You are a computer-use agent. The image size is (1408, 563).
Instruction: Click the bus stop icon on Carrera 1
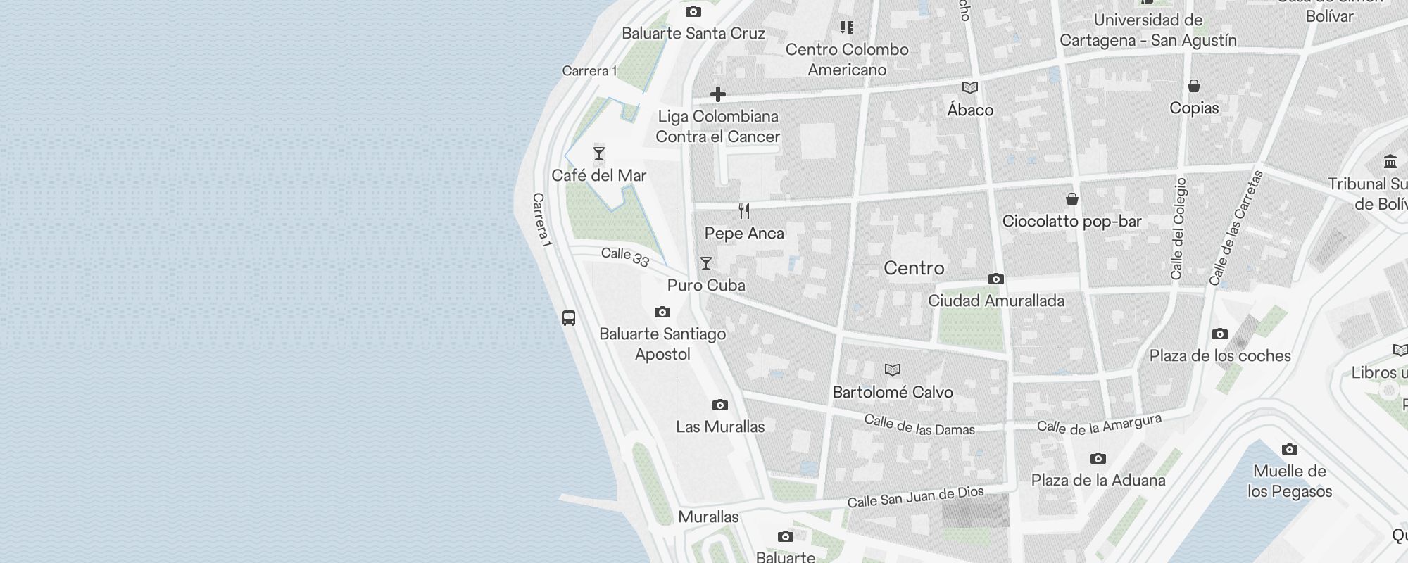click(x=569, y=317)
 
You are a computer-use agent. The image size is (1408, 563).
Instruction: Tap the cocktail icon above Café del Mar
click(x=599, y=153)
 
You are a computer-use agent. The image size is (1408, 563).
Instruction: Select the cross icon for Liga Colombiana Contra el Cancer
click(x=718, y=94)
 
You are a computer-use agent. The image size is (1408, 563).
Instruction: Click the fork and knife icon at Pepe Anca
click(x=744, y=210)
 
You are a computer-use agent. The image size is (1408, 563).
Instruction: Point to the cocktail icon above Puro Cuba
click(x=706, y=263)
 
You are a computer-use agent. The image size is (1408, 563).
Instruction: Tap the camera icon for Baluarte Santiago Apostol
click(x=662, y=312)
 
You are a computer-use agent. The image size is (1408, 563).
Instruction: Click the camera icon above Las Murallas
click(x=719, y=405)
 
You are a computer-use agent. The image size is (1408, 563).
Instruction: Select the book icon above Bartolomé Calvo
click(x=893, y=369)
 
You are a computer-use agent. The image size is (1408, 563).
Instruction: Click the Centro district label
click(x=914, y=268)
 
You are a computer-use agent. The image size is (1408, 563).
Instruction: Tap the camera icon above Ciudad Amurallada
click(x=995, y=279)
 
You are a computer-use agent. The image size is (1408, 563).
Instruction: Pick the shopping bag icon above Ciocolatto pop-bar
click(x=1071, y=199)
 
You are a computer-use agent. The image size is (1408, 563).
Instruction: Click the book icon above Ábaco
click(x=970, y=88)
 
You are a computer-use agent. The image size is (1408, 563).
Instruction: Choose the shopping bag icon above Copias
click(x=1194, y=86)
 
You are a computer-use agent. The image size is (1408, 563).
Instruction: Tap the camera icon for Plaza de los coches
click(x=1220, y=334)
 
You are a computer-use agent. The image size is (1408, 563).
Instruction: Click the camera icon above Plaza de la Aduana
click(x=1098, y=459)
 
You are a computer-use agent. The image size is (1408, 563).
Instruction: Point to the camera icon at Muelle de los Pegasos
click(x=1289, y=449)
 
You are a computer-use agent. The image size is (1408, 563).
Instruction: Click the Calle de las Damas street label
click(x=919, y=424)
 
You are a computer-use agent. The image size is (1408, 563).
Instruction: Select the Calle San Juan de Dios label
click(x=915, y=497)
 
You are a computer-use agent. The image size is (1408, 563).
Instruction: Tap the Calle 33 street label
click(x=625, y=257)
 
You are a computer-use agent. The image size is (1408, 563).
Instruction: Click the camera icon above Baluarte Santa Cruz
click(x=693, y=11)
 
